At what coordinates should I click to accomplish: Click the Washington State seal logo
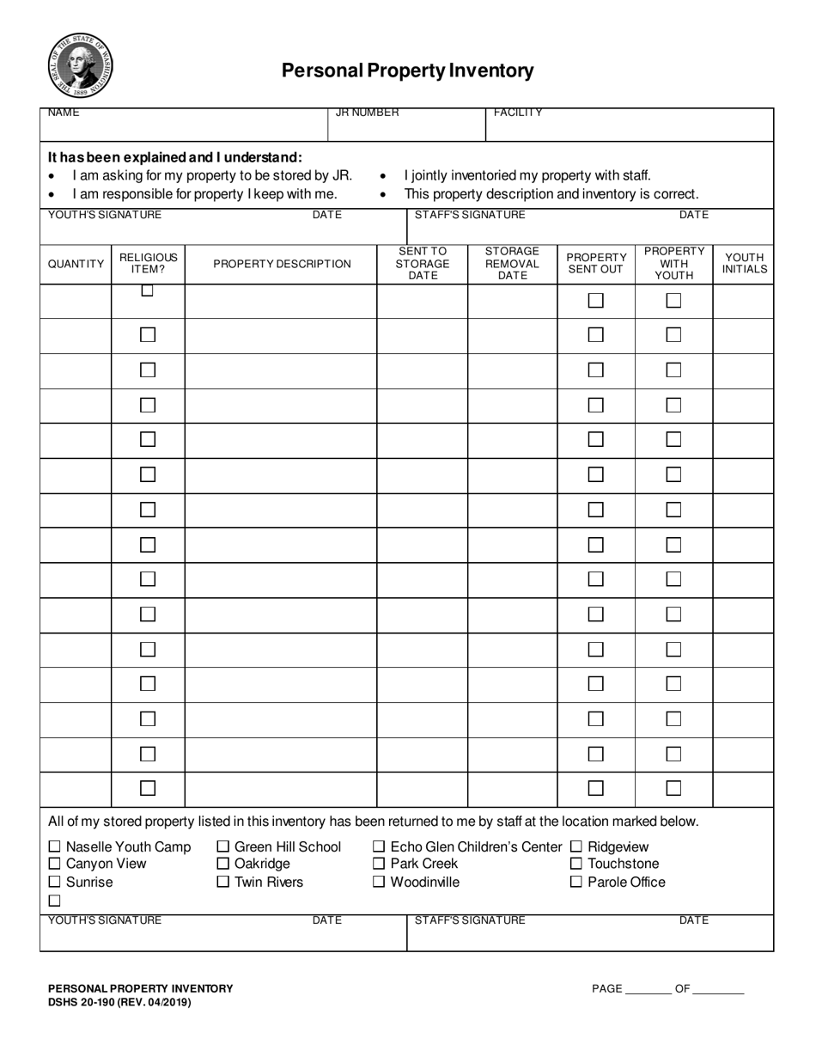click(x=80, y=64)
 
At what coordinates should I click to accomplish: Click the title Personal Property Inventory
click(x=407, y=70)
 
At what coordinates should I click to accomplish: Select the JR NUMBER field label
click(x=367, y=113)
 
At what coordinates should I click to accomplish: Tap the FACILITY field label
click(x=517, y=113)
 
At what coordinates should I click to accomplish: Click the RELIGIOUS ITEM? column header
click(x=148, y=263)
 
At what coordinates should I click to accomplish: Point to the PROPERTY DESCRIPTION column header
click(x=282, y=264)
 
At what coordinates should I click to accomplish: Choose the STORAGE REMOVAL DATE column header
click(x=512, y=263)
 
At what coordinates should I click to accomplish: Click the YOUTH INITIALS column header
click(x=744, y=263)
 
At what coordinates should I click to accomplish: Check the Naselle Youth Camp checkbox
click(x=55, y=847)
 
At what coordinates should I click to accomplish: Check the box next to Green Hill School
click(x=223, y=847)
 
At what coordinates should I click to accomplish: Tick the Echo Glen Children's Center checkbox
click(x=379, y=847)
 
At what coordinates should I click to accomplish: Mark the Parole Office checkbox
click(x=576, y=882)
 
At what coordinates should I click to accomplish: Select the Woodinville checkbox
click(x=379, y=882)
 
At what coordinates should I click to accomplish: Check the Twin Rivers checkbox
click(x=223, y=882)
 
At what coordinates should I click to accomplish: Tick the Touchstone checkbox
click(x=576, y=864)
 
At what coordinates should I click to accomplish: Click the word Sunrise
click(x=89, y=882)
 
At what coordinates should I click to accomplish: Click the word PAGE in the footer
click(x=606, y=989)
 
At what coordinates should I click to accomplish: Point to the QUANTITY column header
click(x=76, y=264)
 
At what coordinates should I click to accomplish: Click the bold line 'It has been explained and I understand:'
click(x=175, y=157)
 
